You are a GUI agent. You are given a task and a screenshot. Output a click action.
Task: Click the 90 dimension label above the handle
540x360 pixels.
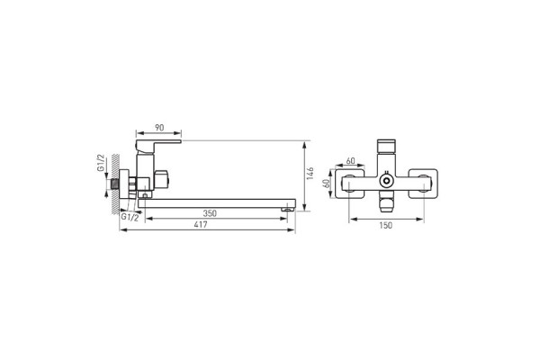pyautogui.click(x=159, y=128)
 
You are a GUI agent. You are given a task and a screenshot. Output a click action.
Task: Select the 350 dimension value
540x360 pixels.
pyautogui.click(x=210, y=213)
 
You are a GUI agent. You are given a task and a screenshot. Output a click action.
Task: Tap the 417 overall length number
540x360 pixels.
pyautogui.click(x=201, y=225)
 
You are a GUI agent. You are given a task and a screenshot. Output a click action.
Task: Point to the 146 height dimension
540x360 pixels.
pyautogui.click(x=310, y=174)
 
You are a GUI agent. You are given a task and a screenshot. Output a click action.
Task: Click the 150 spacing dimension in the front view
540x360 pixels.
pyautogui.click(x=386, y=225)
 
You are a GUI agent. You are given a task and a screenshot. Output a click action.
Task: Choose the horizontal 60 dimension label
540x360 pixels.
pyautogui.click(x=351, y=161)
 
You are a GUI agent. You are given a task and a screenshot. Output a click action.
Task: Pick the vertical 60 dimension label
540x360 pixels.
pyautogui.click(x=327, y=183)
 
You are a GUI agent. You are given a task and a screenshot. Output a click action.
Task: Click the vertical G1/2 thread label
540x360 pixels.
pyautogui.click(x=101, y=163)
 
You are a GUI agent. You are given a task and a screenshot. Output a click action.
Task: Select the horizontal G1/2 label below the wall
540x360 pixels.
pyautogui.click(x=130, y=218)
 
